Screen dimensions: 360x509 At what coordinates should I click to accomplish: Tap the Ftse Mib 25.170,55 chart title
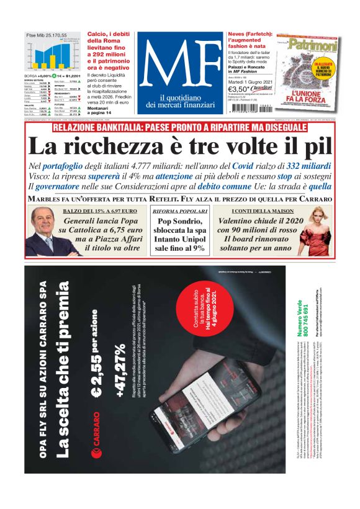(x=47, y=36)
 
